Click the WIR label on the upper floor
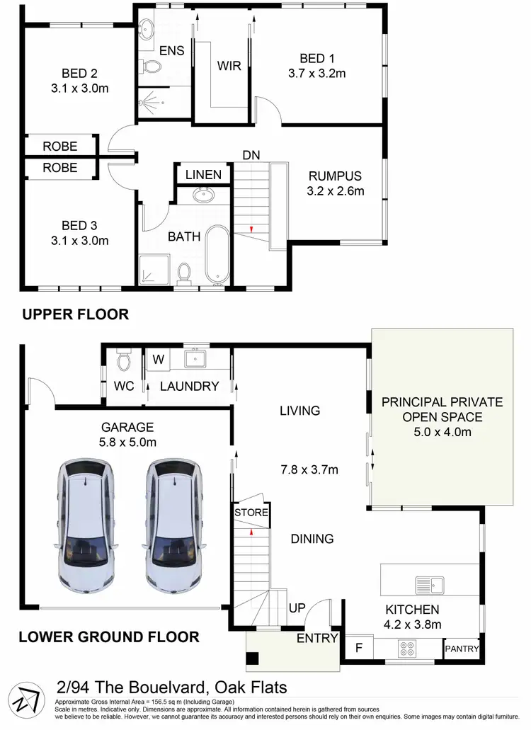click(229, 66)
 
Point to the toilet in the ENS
click(152, 67)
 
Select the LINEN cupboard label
click(203, 175)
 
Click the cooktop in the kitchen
click(408, 648)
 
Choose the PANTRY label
click(462, 649)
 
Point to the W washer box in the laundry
click(158, 359)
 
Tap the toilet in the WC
click(123, 362)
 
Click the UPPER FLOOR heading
click(75, 314)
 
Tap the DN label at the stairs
click(251, 155)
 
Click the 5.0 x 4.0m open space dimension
click(442, 432)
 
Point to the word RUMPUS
click(335, 176)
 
